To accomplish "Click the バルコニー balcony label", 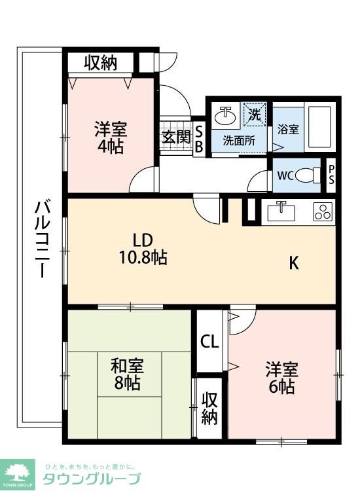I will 41,240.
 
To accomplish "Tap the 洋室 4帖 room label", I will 111,136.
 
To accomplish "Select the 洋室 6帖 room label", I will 281,377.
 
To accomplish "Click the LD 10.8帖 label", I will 144,248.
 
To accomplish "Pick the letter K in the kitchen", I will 295,263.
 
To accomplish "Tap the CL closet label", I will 210,341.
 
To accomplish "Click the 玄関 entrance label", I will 176,137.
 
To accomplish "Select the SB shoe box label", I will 198,137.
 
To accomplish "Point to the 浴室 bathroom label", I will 288,129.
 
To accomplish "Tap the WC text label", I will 285,175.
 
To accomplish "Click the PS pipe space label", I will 331,175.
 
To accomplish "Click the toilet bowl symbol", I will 308,175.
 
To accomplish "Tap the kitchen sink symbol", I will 282,211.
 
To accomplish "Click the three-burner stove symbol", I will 324,211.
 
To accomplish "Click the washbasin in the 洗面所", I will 227,116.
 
